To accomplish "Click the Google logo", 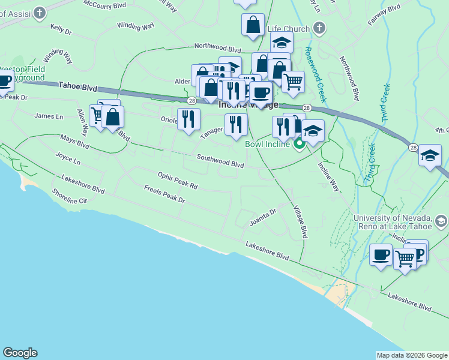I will (x=20, y=353).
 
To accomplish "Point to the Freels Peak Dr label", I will (x=164, y=193).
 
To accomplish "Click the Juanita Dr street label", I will (x=263, y=217).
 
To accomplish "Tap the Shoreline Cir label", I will (x=70, y=196).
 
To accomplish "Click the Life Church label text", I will (x=289, y=29).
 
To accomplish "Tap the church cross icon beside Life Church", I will (x=319, y=28).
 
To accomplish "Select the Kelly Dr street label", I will (x=61, y=28).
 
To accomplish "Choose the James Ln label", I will (x=49, y=116).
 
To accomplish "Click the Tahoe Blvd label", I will (x=78, y=87).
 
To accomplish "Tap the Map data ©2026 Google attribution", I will (x=412, y=355).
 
